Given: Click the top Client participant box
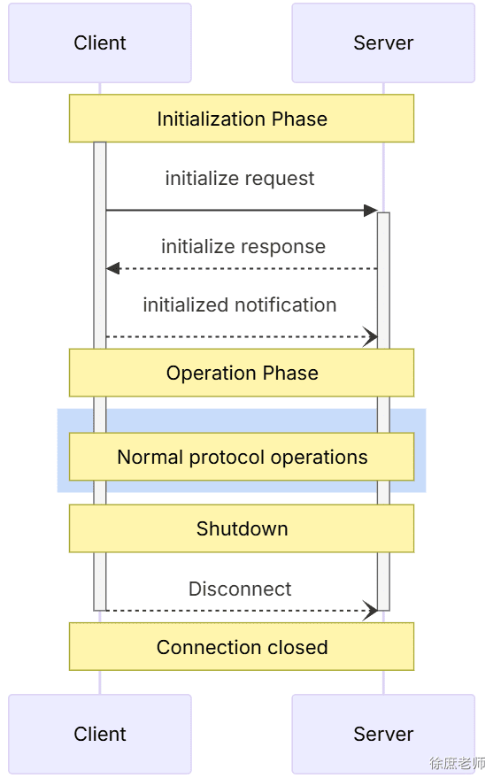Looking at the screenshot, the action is (x=100, y=42).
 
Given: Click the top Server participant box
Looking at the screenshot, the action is (x=383, y=42).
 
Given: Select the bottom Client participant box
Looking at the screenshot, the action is (x=100, y=734).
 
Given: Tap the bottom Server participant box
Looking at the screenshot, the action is (x=383, y=734).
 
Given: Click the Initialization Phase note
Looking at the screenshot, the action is (x=242, y=119).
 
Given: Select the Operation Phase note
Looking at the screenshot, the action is (x=242, y=373).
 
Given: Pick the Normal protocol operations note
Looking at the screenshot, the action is (x=242, y=457).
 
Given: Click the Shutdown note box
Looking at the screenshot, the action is (x=242, y=528).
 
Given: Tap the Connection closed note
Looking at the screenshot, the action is (x=242, y=646).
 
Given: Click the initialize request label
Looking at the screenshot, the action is (x=240, y=179).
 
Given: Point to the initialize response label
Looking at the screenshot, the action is (x=243, y=247).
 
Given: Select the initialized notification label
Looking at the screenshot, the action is (x=240, y=304).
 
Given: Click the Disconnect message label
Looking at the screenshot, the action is (x=240, y=589).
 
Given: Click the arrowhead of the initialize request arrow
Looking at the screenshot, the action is (x=371, y=211).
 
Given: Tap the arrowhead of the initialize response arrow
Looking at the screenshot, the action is (x=113, y=268).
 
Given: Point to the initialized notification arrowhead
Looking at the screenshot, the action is (x=371, y=337).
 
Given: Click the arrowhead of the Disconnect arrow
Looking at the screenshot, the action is (x=371, y=611).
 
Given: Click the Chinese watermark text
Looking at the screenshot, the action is (x=458, y=763).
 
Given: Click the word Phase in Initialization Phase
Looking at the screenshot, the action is (x=299, y=119).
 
